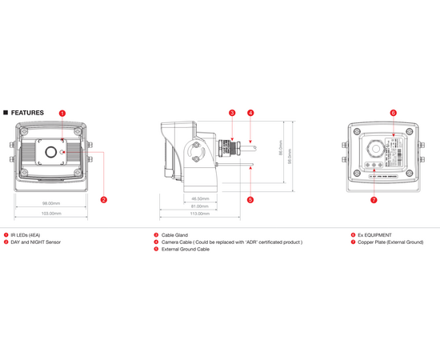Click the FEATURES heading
coord(27,113)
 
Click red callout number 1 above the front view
coord(62,114)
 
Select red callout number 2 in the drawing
coord(104,199)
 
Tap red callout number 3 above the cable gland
coord(232,114)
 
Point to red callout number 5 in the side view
coord(250,199)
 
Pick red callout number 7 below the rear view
coord(374,199)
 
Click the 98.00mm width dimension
coord(51,204)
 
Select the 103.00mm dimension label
coord(51,214)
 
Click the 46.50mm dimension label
coord(199,198)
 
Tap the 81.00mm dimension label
coord(199,206)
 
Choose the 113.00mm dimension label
coord(199,214)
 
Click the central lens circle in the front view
coord(51,152)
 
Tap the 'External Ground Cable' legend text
coord(186,249)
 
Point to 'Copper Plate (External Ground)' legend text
coord(390,242)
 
